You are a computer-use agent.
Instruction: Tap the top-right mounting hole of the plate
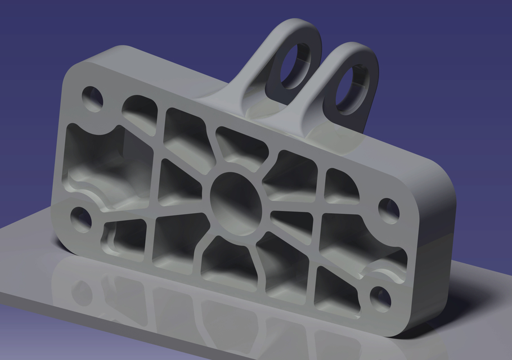[389, 209]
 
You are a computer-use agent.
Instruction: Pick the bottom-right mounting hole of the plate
[381, 298]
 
